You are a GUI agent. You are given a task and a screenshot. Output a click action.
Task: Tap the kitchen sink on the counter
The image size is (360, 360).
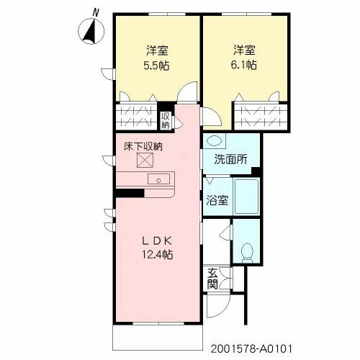click(157, 179)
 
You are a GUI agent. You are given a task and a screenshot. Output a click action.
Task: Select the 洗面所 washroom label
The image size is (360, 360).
click(229, 159)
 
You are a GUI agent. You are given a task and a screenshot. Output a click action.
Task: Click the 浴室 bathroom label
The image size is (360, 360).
click(217, 200)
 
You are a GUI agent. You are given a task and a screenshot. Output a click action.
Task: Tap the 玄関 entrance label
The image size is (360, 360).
click(214, 278)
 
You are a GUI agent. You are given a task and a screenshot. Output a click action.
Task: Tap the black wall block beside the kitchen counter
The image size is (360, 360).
click(130, 192)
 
